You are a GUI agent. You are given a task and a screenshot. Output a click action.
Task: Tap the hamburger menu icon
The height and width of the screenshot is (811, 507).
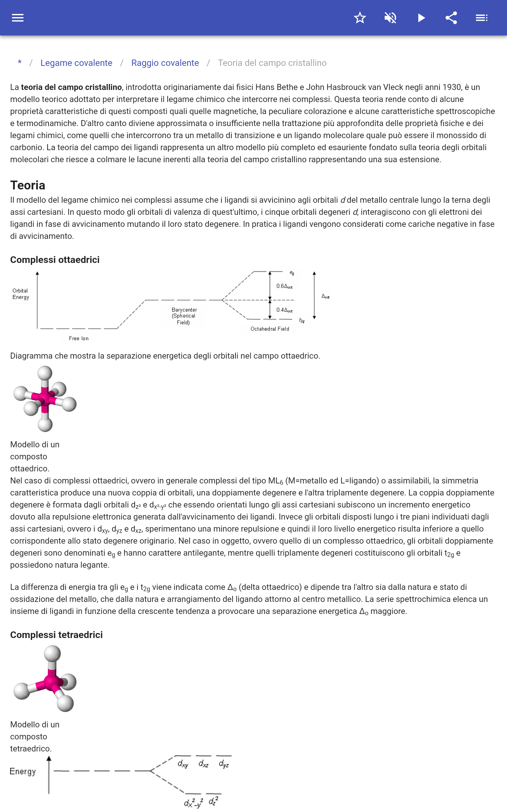(x=18, y=18)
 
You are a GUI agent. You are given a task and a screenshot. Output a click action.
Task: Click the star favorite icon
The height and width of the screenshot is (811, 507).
(x=360, y=18)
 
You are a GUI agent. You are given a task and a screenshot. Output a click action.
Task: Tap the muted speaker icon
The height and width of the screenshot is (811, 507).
(x=390, y=18)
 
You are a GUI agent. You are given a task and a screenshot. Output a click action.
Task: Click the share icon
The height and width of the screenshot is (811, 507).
(x=451, y=18)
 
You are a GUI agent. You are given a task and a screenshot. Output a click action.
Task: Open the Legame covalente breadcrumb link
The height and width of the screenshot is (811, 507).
(x=76, y=63)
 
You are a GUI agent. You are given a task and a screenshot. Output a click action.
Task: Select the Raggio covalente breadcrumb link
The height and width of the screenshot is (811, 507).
(x=165, y=63)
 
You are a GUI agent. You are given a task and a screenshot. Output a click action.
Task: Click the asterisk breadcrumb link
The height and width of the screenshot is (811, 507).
(x=20, y=63)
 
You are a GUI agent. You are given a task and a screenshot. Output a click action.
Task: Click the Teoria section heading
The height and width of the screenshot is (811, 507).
(x=28, y=185)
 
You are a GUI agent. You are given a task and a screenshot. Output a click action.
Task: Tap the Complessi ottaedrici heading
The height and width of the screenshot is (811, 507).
(x=55, y=260)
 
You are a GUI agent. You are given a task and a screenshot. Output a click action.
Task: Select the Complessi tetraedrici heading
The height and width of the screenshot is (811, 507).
(x=56, y=635)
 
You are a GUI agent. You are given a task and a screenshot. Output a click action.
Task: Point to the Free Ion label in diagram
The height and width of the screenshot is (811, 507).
(x=79, y=338)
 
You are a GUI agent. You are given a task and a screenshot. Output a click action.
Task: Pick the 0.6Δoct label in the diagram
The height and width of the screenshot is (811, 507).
(x=284, y=286)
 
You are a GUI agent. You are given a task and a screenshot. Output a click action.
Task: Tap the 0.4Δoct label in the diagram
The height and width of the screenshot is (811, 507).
(x=284, y=310)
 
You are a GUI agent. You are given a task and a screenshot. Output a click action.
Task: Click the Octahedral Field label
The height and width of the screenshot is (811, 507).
(x=270, y=329)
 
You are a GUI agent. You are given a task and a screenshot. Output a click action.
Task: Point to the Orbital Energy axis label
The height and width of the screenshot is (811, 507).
(x=21, y=294)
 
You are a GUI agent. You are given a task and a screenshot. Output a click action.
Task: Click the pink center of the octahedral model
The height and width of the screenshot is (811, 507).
(x=45, y=398)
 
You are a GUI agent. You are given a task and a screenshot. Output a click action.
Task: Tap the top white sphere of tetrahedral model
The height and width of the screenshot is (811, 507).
(x=52, y=654)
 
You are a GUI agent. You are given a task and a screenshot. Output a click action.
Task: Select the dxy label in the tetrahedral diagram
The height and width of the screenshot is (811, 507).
(x=183, y=764)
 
